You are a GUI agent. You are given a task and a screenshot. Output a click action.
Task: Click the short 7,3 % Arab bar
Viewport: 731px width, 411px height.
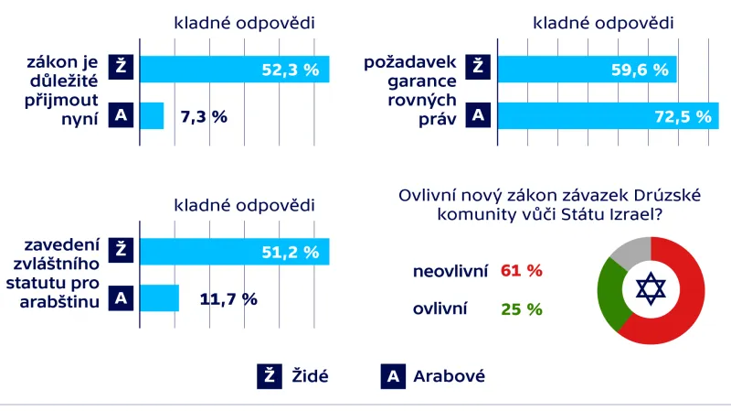152,115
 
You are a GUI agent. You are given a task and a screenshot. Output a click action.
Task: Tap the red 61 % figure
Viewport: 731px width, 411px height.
522,271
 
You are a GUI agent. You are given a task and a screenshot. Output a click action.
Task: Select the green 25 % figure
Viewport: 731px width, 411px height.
522,309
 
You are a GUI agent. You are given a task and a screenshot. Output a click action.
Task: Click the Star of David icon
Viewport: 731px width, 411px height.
650,290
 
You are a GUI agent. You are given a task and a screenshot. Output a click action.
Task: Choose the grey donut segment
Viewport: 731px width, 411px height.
630,248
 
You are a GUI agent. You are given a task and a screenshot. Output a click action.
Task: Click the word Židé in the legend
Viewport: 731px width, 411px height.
309,375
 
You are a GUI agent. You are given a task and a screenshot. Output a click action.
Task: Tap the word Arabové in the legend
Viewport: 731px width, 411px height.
449,375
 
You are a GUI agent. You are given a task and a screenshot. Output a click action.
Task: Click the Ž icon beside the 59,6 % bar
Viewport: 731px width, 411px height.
475,68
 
